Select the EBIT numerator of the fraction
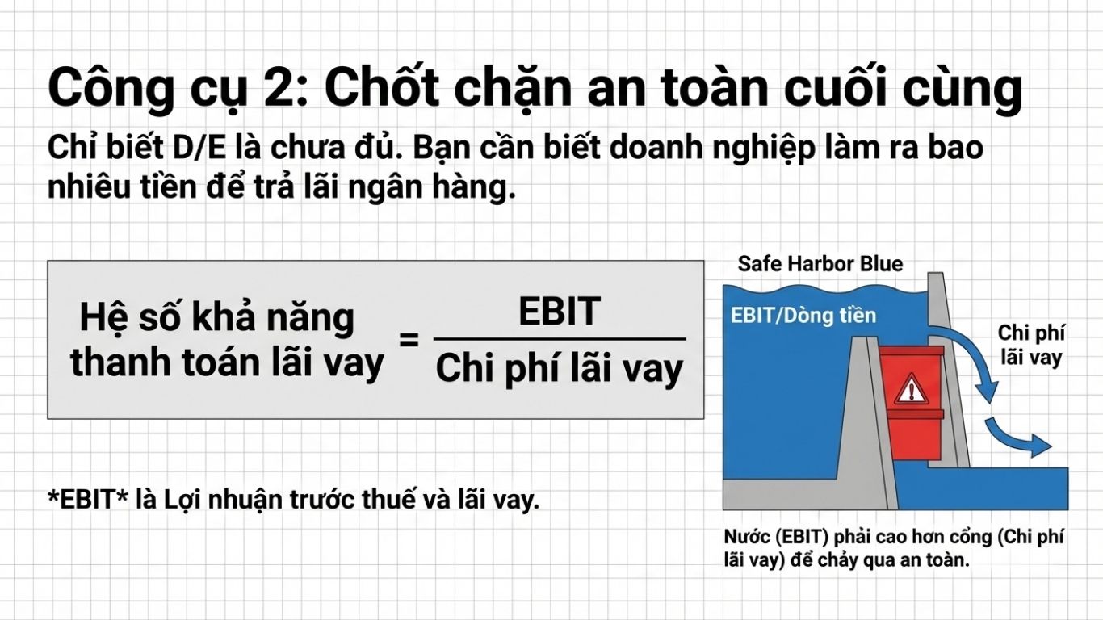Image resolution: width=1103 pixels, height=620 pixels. [x=560, y=312]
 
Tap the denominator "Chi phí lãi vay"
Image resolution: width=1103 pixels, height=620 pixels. [x=560, y=370]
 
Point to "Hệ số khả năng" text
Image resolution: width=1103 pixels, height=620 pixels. [x=216, y=317]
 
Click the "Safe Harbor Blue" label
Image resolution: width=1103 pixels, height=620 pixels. [x=820, y=264]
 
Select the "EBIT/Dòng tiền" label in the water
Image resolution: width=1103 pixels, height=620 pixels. [x=803, y=315]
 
